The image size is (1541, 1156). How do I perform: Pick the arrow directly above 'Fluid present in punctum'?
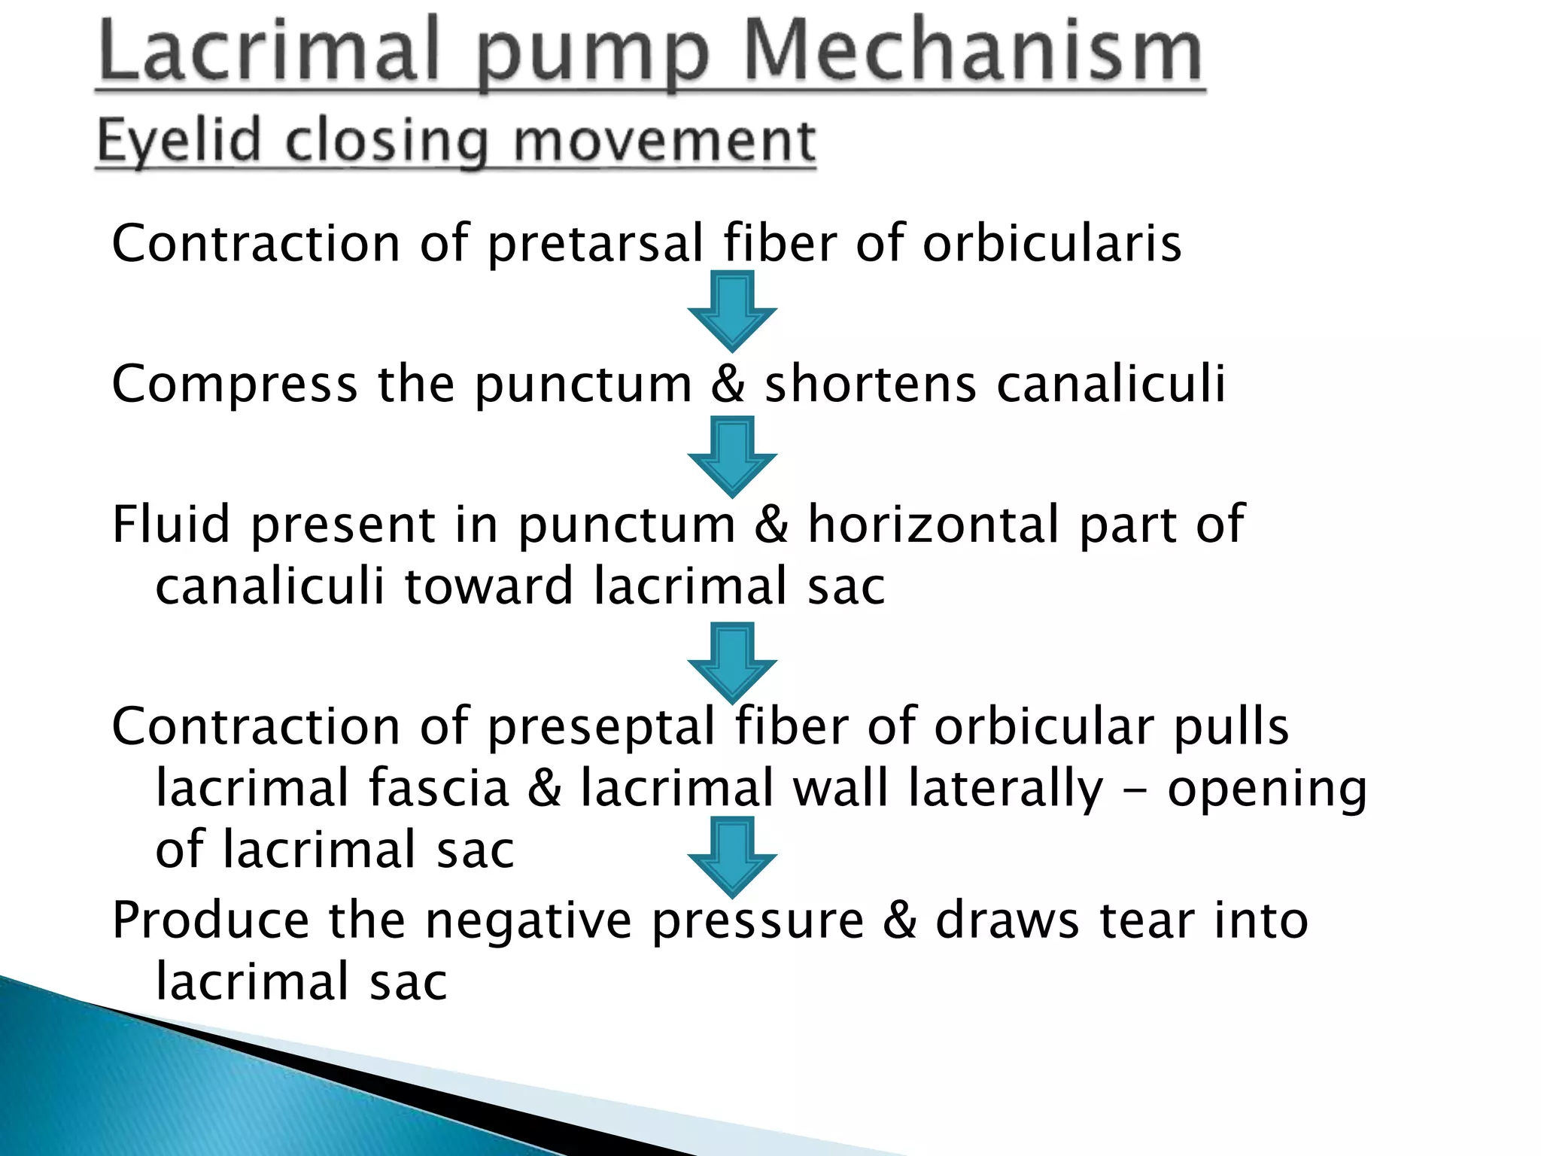731,456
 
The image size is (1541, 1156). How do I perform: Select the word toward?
489,586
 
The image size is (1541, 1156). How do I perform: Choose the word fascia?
438,788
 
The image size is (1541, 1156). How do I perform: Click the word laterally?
1005,789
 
